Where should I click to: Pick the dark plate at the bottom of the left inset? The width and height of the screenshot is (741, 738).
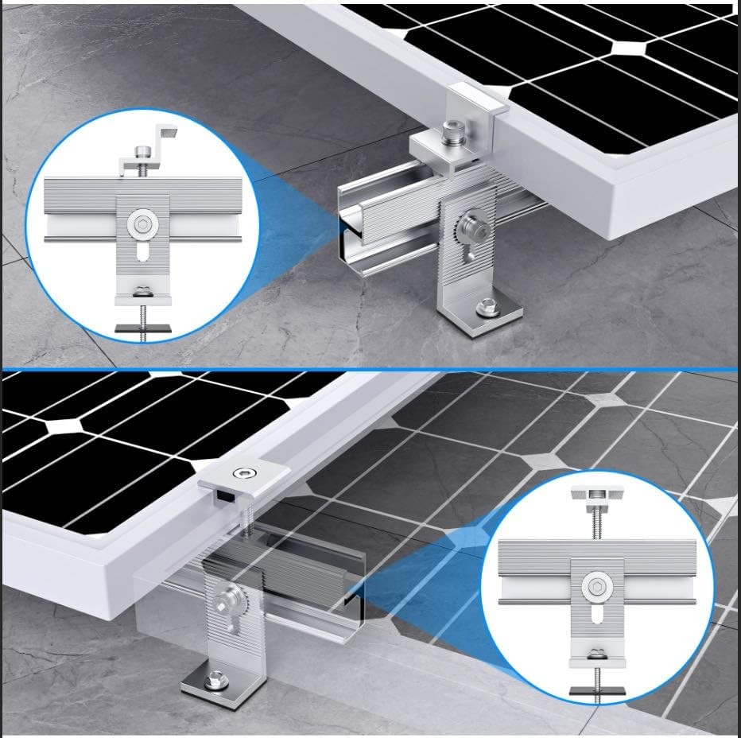click(x=141, y=327)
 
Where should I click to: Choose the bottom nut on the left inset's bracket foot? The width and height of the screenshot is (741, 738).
click(x=142, y=289)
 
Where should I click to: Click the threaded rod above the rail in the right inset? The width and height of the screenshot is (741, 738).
click(x=596, y=522)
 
